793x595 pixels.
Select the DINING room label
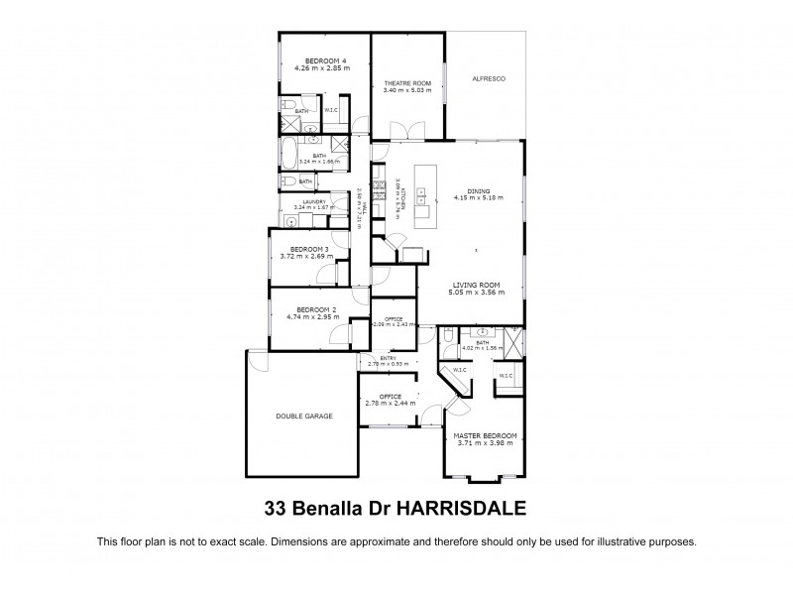pyautogui.click(x=479, y=191)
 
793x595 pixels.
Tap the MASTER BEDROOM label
pyautogui.click(x=486, y=435)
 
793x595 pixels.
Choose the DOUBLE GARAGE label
pyautogui.click(x=304, y=416)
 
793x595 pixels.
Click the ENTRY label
pyautogui.click(x=374, y=358)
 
